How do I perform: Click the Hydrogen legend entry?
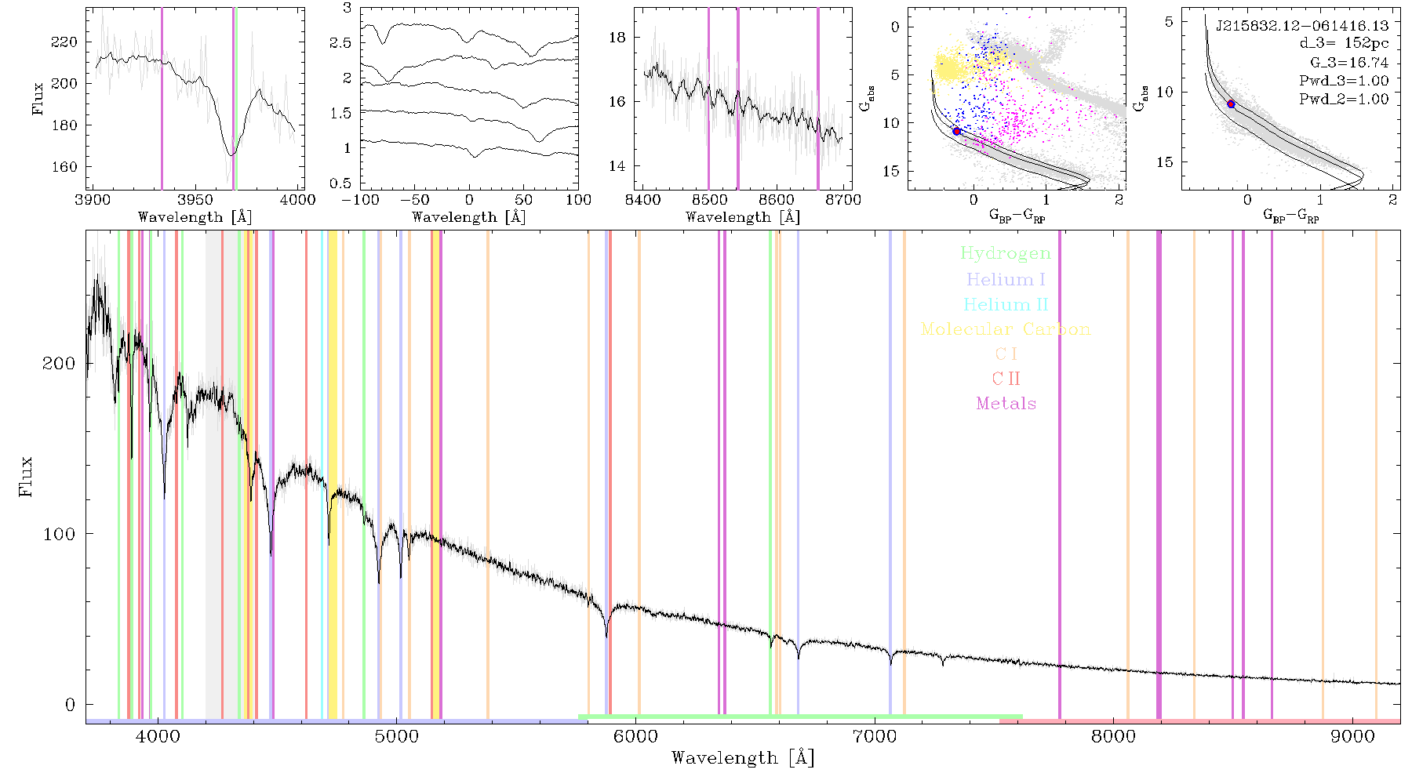tap(1005, 253)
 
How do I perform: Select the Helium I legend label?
tap(1006, 279)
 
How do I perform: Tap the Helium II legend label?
tap(1006, 304)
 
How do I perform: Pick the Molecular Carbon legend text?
tap(1006, 329)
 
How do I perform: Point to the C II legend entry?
tap(1006, 379)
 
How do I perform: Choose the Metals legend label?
tap(1006, 404)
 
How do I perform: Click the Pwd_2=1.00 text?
tap(1344, 99)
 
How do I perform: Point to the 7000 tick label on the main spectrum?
tap(874, 736)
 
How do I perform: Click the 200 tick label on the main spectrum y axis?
tap(59, 363)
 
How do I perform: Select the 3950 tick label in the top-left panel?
tap(195, 199)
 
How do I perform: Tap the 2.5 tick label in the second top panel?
tap(340, 42)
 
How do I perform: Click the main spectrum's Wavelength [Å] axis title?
tap(742, 758)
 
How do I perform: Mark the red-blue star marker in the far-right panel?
tap(1231, 103)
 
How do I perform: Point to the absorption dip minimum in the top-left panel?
tap(231, 154)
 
